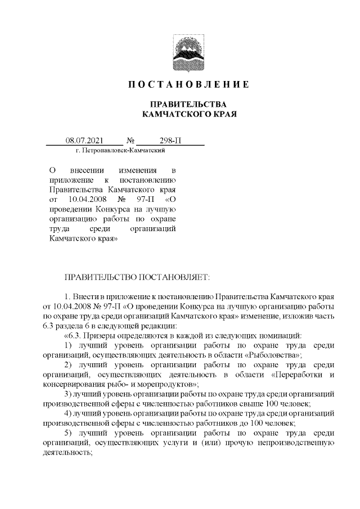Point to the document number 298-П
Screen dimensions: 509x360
[170, 140]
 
